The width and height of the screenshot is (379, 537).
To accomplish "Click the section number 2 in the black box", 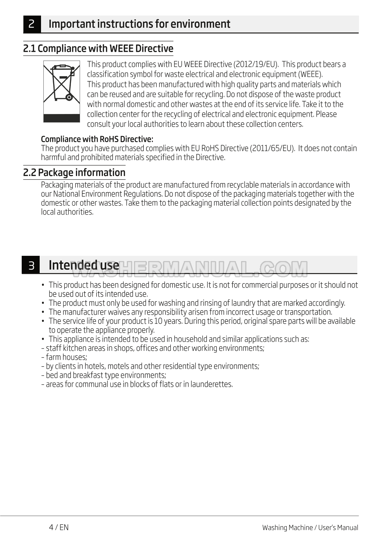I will point(32,24).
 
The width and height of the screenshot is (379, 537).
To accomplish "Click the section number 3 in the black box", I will point(31,265).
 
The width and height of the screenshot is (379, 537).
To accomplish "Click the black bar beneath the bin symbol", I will point(62,118).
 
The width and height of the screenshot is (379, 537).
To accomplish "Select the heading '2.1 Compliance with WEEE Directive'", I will point(98,49).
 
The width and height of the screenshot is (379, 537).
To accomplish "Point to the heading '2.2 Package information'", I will point(74,173).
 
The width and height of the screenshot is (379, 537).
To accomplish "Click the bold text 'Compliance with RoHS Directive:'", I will point(97,139).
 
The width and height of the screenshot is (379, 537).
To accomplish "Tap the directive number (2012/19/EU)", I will point(256,64).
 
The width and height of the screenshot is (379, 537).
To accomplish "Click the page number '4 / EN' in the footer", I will point(59,527).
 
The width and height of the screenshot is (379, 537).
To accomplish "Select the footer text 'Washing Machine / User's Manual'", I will point(310,528).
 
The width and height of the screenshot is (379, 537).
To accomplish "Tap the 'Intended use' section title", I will point(84,265).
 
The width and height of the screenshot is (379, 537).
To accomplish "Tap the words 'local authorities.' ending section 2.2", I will point(67,212).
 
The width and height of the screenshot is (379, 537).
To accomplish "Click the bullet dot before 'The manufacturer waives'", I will point(43,312).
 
